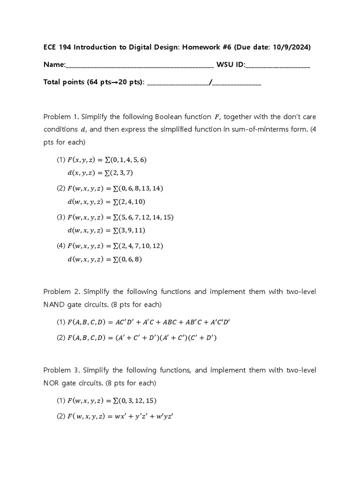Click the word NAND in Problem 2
point(54,305)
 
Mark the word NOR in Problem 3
point(52,383)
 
